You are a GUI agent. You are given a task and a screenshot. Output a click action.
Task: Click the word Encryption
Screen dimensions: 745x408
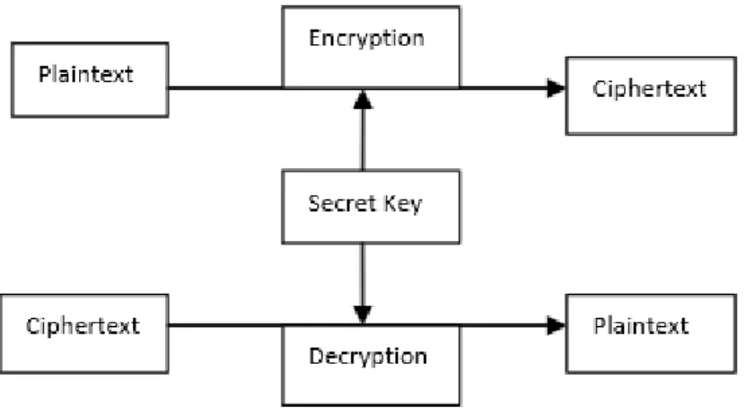[366, 39]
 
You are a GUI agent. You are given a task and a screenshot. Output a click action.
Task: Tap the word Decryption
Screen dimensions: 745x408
[368, 356]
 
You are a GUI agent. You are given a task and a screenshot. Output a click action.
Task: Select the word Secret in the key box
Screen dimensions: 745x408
[342, 203]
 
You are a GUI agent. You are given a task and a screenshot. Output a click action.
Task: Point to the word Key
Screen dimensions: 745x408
[403, 205]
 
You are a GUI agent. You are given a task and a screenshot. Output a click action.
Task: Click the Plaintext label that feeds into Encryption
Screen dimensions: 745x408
[86, 75]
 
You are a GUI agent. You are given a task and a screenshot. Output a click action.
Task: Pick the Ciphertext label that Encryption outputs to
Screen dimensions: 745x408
[650, 89]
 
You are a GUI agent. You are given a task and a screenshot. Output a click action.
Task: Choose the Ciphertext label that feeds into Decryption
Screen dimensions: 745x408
[83, 326]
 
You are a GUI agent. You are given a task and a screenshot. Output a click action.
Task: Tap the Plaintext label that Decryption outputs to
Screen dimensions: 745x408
[641, 325]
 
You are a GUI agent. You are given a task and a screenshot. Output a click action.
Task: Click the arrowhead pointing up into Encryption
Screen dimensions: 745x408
[363, 100]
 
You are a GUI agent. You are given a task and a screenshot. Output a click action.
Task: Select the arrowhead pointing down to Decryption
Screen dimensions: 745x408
[363, 314]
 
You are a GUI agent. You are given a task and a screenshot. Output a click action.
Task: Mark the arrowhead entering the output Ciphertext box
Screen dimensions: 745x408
[556, 88]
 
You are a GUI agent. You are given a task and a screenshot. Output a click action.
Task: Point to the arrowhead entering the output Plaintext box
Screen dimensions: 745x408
[556, 325]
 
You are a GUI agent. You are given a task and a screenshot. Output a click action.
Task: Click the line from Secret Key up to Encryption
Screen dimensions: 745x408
[363, 139]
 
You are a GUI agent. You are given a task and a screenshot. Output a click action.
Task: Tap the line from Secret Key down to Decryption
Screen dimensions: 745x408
[363, 275]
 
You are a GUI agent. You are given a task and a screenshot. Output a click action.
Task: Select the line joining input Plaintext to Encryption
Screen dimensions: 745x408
[225, 88]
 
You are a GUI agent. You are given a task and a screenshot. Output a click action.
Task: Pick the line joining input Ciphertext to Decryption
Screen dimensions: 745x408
[225, 325]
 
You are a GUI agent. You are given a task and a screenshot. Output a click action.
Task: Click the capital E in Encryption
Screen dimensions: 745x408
[314, 38]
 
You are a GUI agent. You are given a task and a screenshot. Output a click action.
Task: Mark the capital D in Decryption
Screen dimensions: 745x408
[316, 356]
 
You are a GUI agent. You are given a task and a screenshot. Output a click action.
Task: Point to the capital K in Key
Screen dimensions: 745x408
[390, 203]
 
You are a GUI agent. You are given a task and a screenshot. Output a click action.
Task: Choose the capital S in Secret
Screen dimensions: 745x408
[314, 203]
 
